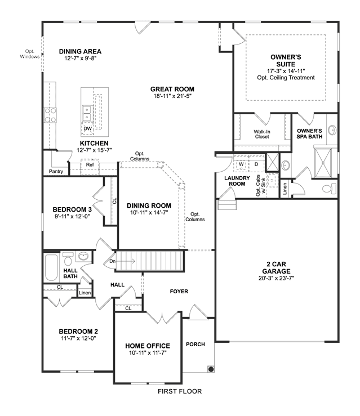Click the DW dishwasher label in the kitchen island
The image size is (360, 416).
click(88, 129)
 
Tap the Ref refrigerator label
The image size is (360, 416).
click(90, 164)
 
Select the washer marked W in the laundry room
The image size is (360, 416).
click(241, 164)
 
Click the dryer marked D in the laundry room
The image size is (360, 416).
click(256, 164)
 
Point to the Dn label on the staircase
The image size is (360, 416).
click(113, 261)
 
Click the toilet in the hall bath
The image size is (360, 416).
click(68, 259)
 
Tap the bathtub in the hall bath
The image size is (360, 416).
click(51, 267)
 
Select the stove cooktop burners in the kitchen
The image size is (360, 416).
click(50, 115)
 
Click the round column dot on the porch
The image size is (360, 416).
click(211, 369)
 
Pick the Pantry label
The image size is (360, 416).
click(56, 171)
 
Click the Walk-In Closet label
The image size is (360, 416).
click(262, 134)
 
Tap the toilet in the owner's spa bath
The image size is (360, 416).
click(329, 189)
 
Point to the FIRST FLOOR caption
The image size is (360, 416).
click(180, 391)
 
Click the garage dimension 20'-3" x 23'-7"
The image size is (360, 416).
click(277, 278)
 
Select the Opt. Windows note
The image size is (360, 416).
click(30, 54)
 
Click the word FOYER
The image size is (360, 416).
click(179, 291)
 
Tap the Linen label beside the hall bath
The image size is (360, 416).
click(85, 293)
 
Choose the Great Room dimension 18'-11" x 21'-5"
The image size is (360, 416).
click(172, 96)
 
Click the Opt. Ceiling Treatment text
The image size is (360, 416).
click(286, 78)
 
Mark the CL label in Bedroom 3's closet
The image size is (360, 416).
click(114, 201)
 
